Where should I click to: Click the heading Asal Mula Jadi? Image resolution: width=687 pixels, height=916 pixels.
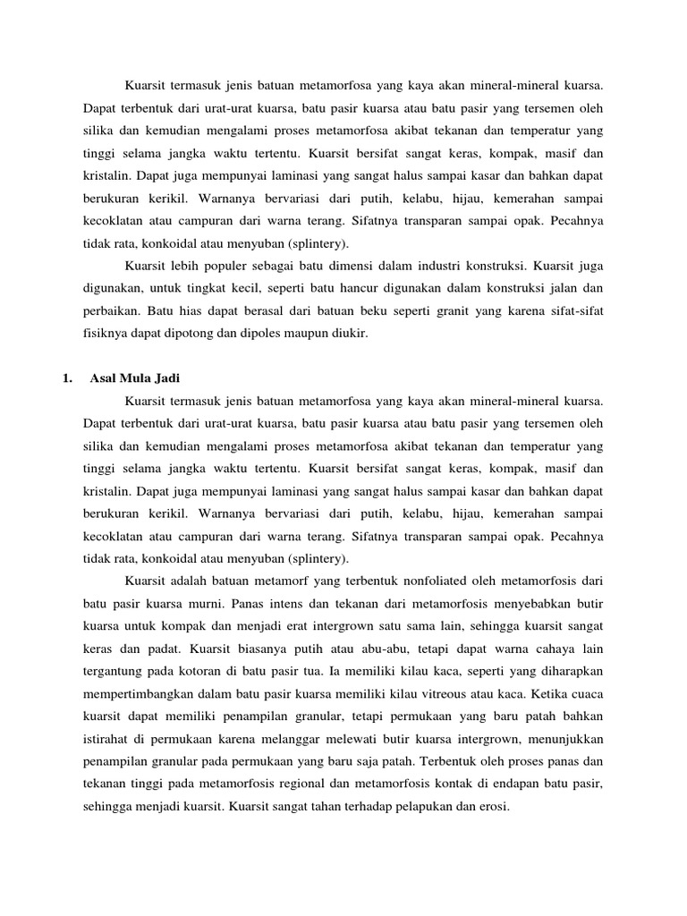click(x=136, y=377)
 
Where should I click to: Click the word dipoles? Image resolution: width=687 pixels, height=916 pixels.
click(x=255, y=333)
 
